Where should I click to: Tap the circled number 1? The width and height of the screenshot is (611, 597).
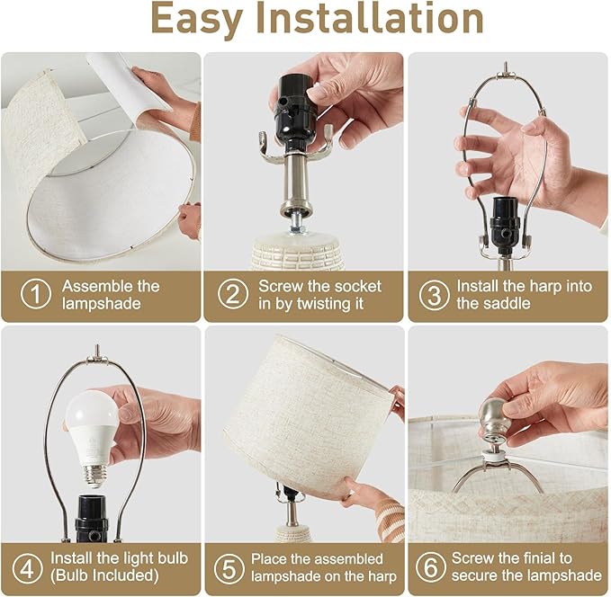coord(35,294)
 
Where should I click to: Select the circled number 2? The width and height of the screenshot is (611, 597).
coord(233,294)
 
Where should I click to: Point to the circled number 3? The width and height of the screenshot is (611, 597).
coord(434,295)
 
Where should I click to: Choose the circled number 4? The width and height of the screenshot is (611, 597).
coord(27,568)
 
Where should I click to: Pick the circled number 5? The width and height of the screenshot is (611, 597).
coord(229,568)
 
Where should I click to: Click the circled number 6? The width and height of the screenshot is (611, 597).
coord(431,567)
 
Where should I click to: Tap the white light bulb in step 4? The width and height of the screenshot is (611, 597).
coord(93,437)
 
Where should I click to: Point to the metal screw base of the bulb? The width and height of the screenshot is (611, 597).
coord(94,475)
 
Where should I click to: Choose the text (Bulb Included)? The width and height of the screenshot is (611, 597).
coord(104,575)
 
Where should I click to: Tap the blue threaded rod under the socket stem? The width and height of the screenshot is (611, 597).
coord(298,226)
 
